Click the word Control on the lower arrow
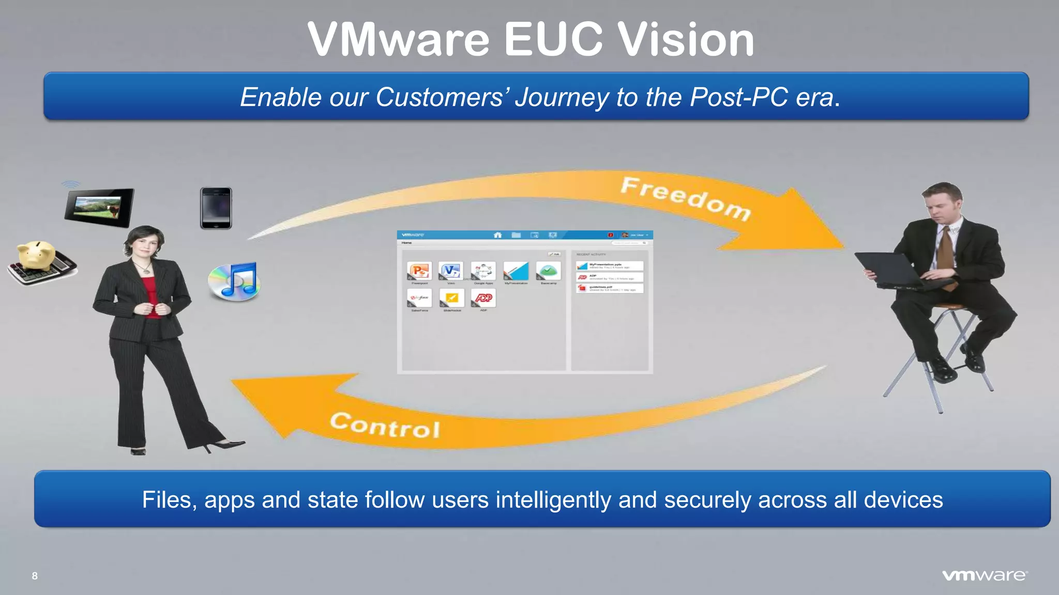(x=385, y=425)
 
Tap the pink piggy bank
(x=36, y=254)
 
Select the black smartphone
(x=216, y=208)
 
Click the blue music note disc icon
(x=235, y=281)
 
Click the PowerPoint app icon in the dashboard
(x=419, y=271)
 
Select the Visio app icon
(x=451, y=271)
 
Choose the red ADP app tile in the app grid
(x=483, y=298)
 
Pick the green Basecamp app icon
(x=548, y=271)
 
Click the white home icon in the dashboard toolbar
(x=498, y=235)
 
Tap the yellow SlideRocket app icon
(x=452, y=298)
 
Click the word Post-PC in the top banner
(x=739, y=97)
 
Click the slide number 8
(x=35, y=576)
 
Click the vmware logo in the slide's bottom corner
(x=985, y=575)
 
